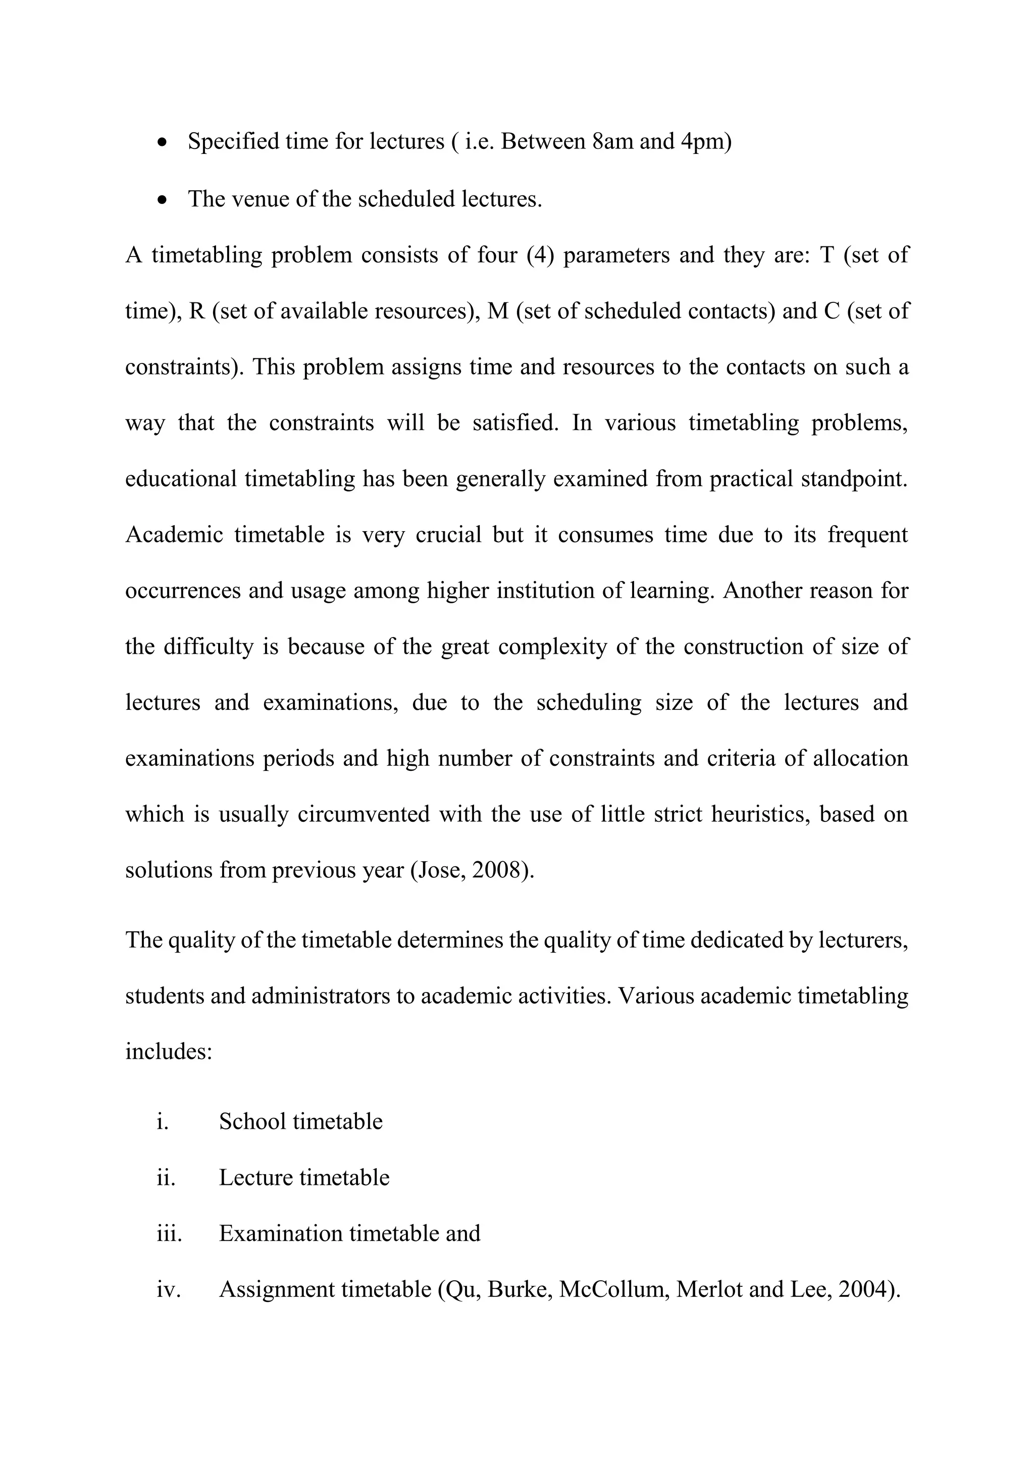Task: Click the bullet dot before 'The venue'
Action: (163, 200)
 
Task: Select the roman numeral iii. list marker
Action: (169, 1233)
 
